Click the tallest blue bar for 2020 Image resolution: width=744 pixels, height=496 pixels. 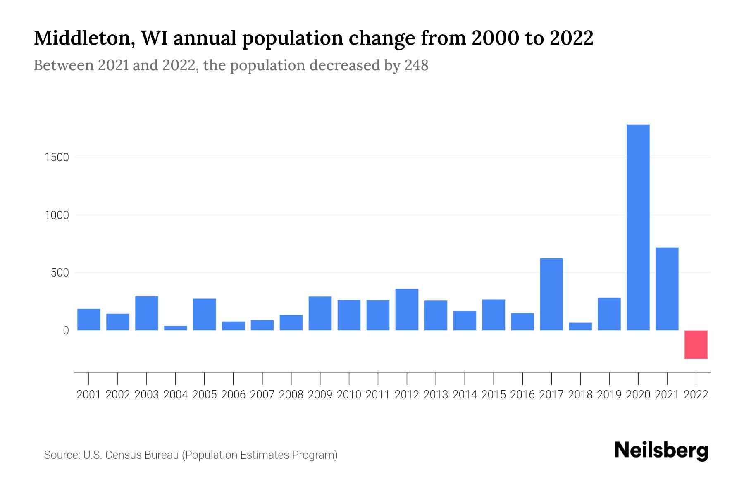[x=638, y=227]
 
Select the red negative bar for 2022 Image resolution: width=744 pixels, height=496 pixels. [x=696, y=344]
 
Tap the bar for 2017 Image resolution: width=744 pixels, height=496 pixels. [x=551, y=294]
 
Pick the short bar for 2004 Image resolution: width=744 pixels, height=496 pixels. [x=176, y=328]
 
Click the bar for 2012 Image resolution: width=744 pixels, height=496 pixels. [x=407, y=309]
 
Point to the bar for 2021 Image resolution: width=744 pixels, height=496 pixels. [x=667, y=289]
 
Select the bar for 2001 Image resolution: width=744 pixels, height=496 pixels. [x=89, y=319]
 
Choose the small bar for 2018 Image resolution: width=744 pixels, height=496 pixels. [x=580, y=326]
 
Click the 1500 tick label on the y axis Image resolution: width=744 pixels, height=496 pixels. [x=56, y=157]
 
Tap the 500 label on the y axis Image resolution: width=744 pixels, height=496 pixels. [x=60, y=273]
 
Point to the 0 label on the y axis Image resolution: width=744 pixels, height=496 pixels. [x=66, y=331]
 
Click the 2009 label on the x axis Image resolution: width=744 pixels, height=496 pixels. [x=320, y=395]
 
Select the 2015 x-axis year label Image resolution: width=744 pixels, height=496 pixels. [x=494, y=395]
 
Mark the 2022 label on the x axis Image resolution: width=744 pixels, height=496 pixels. [x=696, y=395]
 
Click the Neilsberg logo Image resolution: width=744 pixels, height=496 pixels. [x=661, y=451]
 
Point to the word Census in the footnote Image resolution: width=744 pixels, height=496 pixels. [x=122, y=455]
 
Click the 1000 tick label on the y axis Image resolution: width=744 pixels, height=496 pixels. [x=56, y=215]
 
